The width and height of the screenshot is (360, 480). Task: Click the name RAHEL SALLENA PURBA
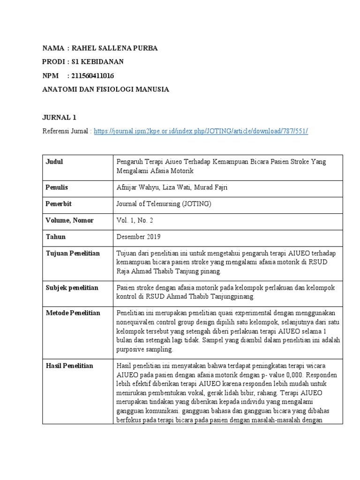coord(118,48)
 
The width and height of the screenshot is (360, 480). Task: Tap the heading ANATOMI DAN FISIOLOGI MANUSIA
coord(105,89)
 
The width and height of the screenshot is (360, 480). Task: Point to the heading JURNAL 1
coord(59,117)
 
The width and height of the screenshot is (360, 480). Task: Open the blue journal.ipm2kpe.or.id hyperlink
coord(201,132)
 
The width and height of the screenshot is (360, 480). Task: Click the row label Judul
coord(54,162)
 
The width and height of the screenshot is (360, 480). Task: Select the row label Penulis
coord(57,187)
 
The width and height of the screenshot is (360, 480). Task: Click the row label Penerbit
coord(58,204)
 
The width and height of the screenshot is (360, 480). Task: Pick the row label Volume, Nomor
coord(69,220)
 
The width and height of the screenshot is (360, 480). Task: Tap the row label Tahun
coord(56,237)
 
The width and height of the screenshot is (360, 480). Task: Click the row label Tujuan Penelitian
coord(73,254)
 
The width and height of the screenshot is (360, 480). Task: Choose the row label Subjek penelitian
coord(72,288)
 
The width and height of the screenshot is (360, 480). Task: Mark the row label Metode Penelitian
coord(73,313)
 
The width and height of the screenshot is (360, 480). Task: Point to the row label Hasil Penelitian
coord(69,366)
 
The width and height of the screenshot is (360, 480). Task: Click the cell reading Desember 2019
coord(138,237)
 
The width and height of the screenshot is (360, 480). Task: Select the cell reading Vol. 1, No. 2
coord(135,221)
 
